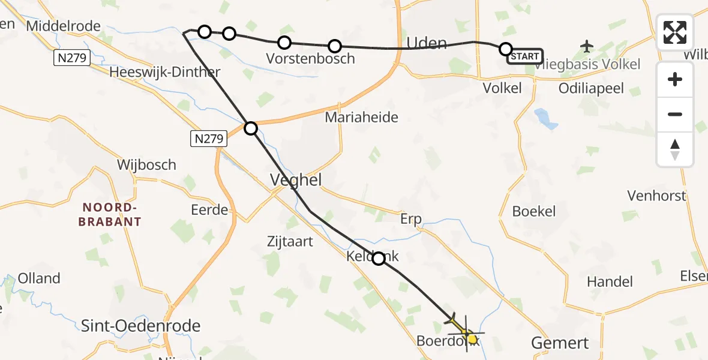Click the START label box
tap(525, 56)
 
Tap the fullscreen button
tap(675, 32)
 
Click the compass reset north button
tap(675, 149)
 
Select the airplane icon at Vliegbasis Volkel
tap(587, 46)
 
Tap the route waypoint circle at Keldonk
tap(379, 259)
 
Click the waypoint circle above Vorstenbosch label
tap(284, 43)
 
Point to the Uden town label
tap(427, 43)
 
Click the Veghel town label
tap(296, 180)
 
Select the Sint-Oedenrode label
tap(141, 326)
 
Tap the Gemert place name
tap(560, 343)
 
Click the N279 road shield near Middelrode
tap(71, 58)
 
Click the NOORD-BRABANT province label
tap(112, 215)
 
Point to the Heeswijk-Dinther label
tap(165, 72)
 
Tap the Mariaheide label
tap(361, 118)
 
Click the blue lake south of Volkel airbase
tap(547, 118)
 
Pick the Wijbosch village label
tap(147, 164)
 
